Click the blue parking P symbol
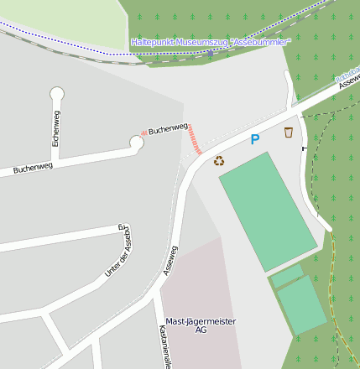255,139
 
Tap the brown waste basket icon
289,132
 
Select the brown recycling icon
219,160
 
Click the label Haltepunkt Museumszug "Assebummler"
211,41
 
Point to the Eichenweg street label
56,130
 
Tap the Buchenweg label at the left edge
33,169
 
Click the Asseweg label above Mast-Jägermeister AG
170,260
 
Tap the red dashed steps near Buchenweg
195,139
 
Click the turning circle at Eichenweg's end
57,93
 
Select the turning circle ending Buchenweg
136,143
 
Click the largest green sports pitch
268,210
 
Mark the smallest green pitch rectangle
287,275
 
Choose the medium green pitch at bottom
302,306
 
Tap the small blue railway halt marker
210,53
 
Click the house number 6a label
121,226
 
